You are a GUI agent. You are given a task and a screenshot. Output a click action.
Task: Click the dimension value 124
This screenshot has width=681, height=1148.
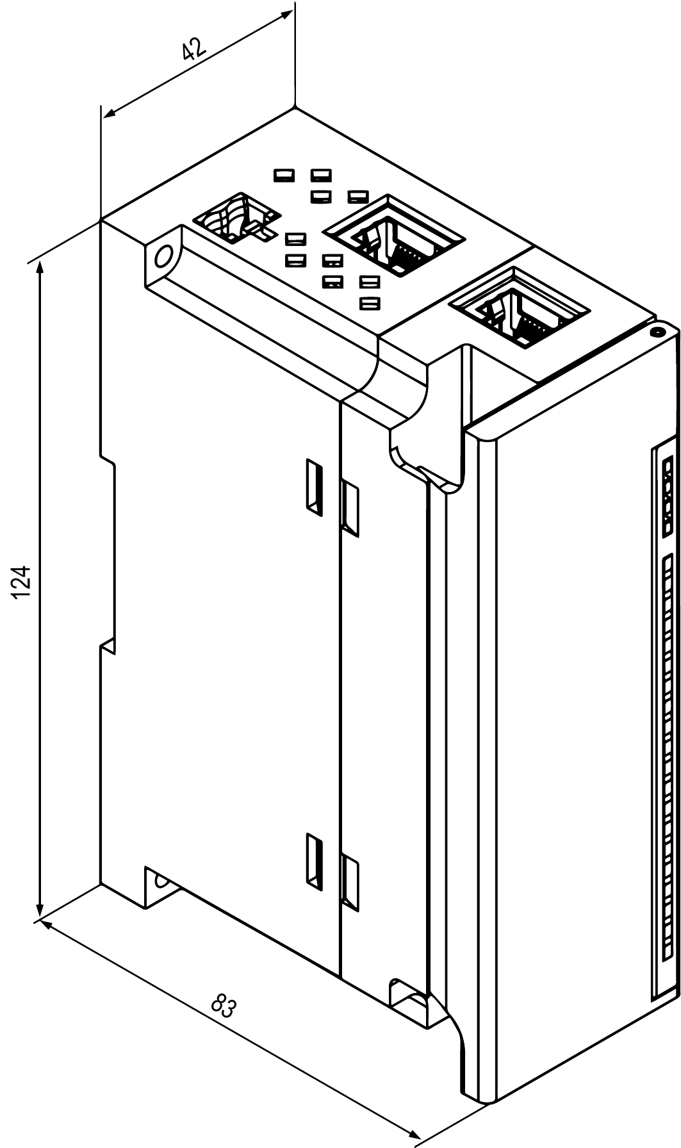[22, 582]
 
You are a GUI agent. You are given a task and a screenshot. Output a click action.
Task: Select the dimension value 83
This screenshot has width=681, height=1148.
[224, 1006]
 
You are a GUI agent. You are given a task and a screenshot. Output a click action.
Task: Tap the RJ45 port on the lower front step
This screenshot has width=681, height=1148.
[519, 309]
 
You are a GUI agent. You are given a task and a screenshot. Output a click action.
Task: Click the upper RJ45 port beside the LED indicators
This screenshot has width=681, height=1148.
[393, 235]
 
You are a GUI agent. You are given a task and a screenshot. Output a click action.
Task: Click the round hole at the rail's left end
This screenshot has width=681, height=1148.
[163, 258]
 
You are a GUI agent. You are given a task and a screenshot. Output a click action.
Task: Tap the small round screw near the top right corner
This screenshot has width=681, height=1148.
[657, 332]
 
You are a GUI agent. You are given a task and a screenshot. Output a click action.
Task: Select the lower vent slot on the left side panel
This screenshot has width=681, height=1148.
[313, 860]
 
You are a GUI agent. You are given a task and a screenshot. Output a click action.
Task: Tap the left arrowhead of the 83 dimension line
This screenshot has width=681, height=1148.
[43, 923]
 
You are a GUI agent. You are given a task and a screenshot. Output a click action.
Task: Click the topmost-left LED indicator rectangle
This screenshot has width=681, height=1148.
[283, 175]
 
